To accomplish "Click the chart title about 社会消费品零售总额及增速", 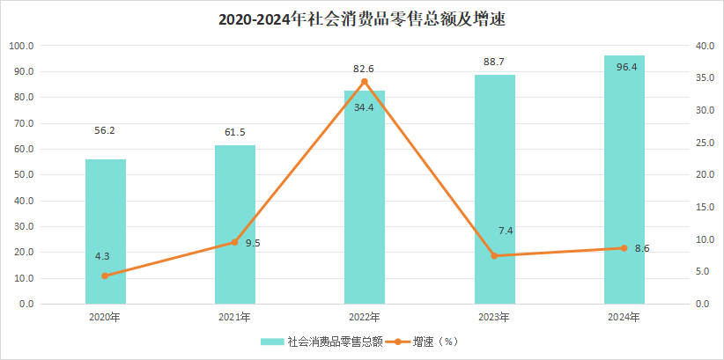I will click(362, 18).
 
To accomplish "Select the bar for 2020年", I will click(106, 231).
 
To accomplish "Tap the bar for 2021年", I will click(235, 224).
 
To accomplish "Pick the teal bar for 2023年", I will click(494, 189).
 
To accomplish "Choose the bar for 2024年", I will click(624, 180).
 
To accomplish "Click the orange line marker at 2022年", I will click(365, 82).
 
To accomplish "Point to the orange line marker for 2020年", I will click(106, 276).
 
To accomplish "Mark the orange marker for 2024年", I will click(624, 248).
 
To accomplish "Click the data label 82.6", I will click(365, 68).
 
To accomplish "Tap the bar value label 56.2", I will click(106, 130).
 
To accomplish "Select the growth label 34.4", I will click(365, 107).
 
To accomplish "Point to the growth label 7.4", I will click(506, 231).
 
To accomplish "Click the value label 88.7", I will click(494, 62).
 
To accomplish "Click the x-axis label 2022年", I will click(365, 317).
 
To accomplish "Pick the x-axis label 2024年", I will click(624, 317).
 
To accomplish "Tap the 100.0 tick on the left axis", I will click(21, 46).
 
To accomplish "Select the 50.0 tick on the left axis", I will click(21, 174).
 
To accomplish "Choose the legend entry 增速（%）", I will click(437, 341).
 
